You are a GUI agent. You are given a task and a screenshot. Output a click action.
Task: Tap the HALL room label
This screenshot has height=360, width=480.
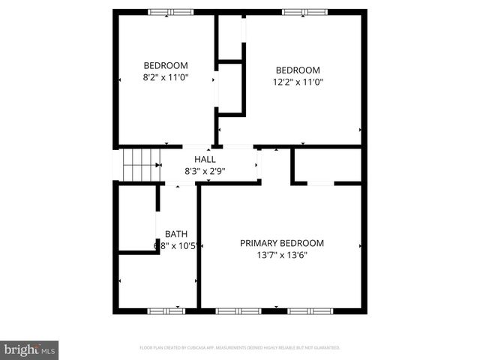[x=205, y=160]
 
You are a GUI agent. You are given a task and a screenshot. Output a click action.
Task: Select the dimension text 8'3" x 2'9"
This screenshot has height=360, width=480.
[x=205, y=171]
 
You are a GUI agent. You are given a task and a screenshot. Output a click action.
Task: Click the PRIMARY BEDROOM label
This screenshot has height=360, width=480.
[x=281, y=243]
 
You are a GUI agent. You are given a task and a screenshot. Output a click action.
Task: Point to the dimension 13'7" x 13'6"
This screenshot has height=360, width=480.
[x=281, y=254]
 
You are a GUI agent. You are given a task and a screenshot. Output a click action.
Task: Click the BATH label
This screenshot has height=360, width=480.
[x=176, y=234]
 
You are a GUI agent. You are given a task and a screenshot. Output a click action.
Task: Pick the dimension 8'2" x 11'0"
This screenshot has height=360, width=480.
[x=165, y=76]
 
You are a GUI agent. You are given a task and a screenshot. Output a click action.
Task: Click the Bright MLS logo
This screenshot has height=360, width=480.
[x=30, y=349]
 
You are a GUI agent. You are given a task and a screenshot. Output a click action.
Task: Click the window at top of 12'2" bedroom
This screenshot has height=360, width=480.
[x=304, y=12]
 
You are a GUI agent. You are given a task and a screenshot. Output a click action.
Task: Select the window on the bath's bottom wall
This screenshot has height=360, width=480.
[x=166, y=310]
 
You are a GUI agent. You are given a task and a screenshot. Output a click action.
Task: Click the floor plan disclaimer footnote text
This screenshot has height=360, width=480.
[x=240, y=348]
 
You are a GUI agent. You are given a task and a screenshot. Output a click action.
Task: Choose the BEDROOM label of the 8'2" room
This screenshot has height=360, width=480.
[x=165, y=65]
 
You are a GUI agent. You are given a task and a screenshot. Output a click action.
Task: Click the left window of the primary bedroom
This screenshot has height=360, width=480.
[x=237, y=310]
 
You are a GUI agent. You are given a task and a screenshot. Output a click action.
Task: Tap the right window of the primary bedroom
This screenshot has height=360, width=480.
[x=310, y=310]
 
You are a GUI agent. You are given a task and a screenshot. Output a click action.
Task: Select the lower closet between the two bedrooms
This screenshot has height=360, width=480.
[x=230, y=88]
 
